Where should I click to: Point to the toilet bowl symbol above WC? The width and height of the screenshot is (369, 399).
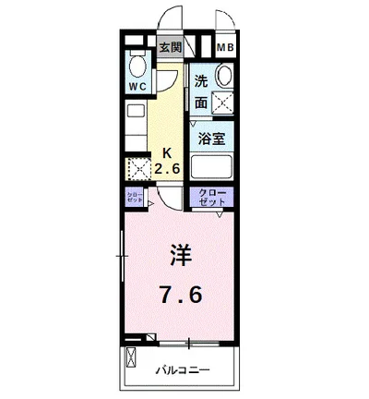(138, 66)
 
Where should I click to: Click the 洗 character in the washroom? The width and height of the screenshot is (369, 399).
(202, 80)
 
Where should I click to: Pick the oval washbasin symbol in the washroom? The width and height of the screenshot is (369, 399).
(223, 77)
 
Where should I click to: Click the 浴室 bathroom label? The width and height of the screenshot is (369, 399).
(211, 139)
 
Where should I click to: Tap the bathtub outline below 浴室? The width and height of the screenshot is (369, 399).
(212, 167)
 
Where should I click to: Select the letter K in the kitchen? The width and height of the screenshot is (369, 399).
(167, 152)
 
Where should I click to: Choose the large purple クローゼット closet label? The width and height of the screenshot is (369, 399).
(212, 197)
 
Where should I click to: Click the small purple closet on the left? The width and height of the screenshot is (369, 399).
(134, 197)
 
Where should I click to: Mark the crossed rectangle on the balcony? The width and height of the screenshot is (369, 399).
(130, 358)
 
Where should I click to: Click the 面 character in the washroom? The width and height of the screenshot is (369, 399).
(202, 102)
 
